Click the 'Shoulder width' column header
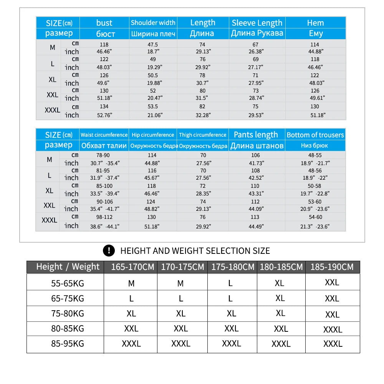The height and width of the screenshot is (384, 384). (x=153, y=23)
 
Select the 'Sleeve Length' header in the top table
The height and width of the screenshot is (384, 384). (x=257, y=23)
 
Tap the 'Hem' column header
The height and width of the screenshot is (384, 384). (x=315, y=23)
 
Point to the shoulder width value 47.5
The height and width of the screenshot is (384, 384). (x=153, y=45)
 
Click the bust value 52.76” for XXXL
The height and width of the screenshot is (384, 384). (x=104, y=115)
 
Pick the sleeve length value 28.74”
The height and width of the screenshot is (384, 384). (x=255, y=98)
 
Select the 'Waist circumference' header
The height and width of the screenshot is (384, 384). (x=104, y=135)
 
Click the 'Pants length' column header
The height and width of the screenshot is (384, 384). (x=256, y=135)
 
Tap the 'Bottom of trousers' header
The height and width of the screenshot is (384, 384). (x=315, y=135)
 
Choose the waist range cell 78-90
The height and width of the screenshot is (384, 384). (x=104, y=155)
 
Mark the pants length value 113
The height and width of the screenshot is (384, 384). (x=255, y=217)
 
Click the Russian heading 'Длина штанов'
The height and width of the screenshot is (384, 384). (x=257, y=146)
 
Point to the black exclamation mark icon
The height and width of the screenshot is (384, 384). (x=109, y=251)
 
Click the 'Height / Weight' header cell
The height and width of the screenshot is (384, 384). (x=68, y=266)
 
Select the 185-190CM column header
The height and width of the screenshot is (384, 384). (x=332, y=266)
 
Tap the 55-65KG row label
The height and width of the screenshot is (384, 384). (x=68, y=283)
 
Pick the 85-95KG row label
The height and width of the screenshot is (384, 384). (x=68, y=343)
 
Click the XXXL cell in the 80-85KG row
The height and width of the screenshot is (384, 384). (x=333, y=329)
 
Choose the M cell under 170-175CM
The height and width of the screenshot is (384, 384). (x=180, y=283)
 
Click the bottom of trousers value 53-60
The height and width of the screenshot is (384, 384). (x=315, y=202)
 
